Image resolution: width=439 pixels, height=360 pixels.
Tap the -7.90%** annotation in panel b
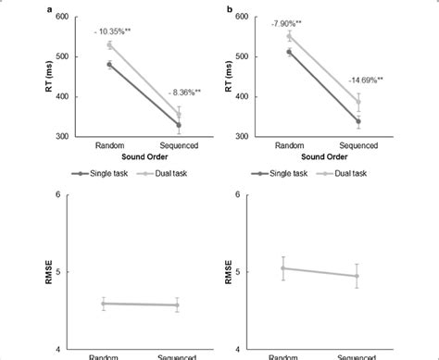tap(290, 23)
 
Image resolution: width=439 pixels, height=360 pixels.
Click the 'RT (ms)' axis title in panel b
tap(230, 76)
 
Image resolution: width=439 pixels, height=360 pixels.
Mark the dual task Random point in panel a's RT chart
tap(110, 44)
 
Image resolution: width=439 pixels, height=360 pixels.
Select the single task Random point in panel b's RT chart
tap(290, 53)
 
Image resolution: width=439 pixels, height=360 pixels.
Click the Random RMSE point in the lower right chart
tap(283, 267)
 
